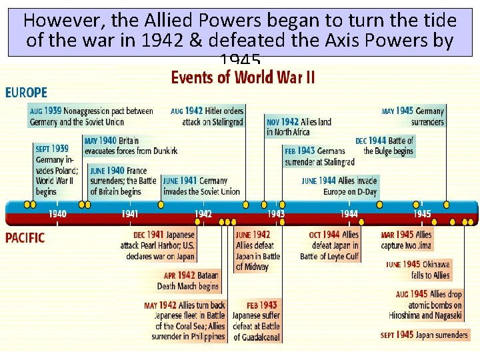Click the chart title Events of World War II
coord(243,77)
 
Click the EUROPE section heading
coord(27,93)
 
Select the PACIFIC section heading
coord(25,238)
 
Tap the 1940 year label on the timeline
coord(57,214)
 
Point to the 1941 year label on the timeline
coord(130,214)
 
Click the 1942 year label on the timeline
coord(203,214)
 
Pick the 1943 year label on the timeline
coord(276,214)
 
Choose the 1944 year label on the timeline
coord(349,214)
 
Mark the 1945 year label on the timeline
coord(421,214)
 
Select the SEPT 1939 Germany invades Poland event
coord(53,170)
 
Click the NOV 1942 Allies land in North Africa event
coord(299,127)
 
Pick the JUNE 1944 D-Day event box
coord(339,186)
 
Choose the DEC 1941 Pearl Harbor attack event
coord(163,245)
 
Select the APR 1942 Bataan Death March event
coord(187,281)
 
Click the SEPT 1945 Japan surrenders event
coord(424,335)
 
